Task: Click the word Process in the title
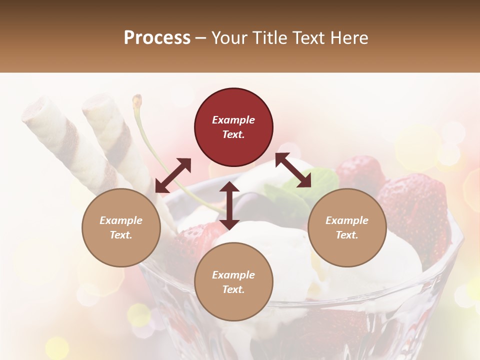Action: point(157,37)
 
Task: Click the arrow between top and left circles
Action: point(173,175)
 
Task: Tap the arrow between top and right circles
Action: point(293,170)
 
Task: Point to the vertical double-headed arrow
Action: point(229,205)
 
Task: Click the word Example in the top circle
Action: point(233,120)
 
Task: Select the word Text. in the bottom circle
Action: point(233,289)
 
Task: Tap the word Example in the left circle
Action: point(121,220)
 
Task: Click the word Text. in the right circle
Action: point(347,235)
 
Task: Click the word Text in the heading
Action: point(308,37)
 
